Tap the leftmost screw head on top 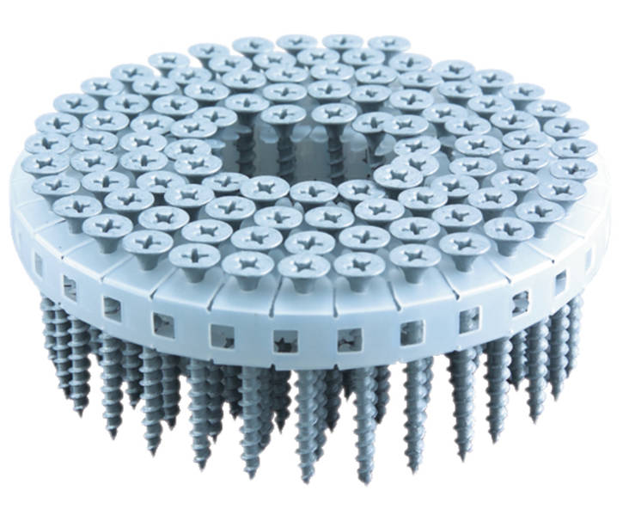40,163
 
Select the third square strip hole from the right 520,302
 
